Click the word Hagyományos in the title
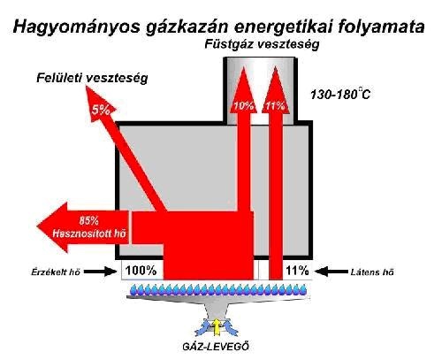77,27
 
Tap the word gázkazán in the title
187,27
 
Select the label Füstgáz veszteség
262,45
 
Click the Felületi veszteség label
92,79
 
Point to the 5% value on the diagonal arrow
101,111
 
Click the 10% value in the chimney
243,105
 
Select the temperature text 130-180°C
340,95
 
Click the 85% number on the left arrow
88,221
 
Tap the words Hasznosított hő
89,234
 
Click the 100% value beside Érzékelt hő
141,271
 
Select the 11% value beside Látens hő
297,271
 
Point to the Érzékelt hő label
56,272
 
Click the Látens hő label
372,272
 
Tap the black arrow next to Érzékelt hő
101,272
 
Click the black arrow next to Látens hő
331,272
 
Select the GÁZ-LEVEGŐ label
216,346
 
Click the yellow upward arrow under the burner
217,326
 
